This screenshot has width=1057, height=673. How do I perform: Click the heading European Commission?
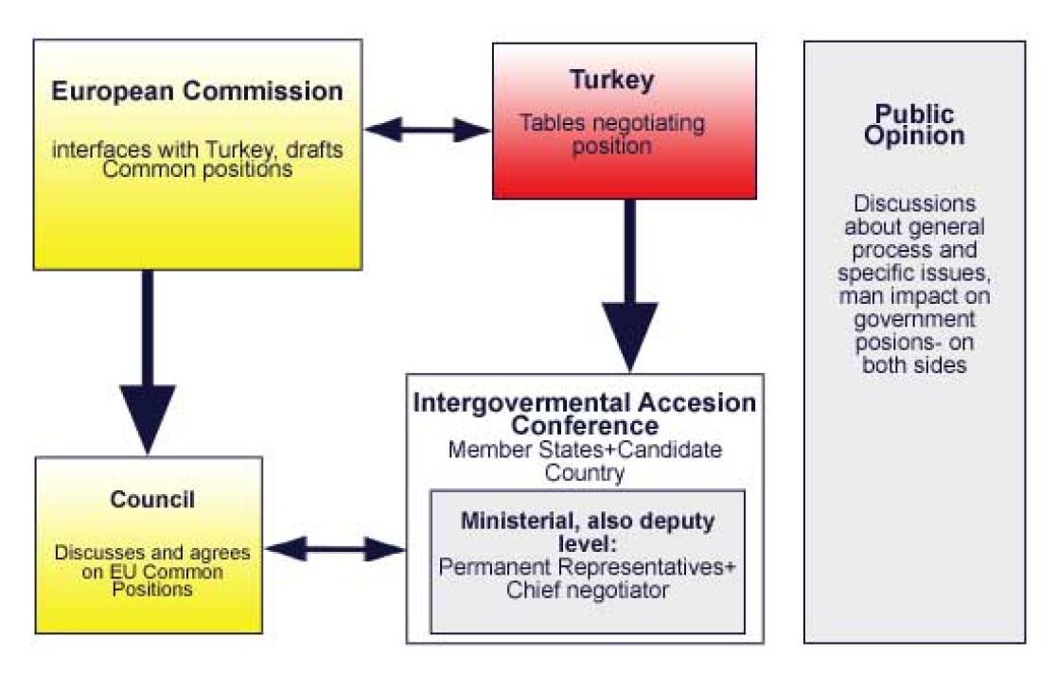pos(197,92)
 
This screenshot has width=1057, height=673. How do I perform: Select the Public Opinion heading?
pos(914,125)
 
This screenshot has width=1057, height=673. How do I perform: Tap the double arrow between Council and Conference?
pos(335,547)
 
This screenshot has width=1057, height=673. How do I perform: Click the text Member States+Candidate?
pos(586,450)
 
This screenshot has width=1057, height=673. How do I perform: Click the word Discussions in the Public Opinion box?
pos(913,204)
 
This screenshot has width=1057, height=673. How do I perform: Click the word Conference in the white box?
pos(586,425)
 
